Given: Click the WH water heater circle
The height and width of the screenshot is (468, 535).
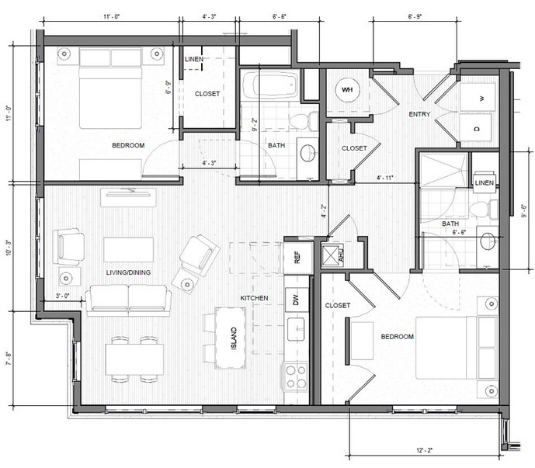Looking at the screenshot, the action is coord(347,90).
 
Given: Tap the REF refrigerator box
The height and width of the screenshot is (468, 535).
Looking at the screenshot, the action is coord(298,257).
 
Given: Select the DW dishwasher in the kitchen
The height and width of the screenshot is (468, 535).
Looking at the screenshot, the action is coord(297,300).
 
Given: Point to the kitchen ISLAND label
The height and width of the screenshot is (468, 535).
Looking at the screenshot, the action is coord(234,338).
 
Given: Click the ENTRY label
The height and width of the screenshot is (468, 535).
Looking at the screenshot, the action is coord(419,114).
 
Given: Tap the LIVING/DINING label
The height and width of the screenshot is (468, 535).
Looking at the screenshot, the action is coord(128,272).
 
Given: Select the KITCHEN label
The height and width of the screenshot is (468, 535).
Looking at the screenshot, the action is coord(254,298).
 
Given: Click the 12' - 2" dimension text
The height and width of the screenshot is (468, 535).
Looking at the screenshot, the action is coord(425,450).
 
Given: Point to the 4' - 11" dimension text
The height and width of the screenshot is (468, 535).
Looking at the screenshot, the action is coord(385,178).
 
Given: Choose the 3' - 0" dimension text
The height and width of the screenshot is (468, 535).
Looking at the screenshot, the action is coord(63,296).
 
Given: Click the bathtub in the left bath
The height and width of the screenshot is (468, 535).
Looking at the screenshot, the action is coord(270,85).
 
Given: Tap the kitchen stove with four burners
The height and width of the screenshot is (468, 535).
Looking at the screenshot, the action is coord(296,377).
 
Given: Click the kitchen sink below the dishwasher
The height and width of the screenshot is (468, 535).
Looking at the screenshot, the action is coord(296,329).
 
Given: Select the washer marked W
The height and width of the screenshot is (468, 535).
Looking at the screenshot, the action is coord(477,97).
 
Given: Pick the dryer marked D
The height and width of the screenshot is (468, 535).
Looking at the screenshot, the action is coord(476,127).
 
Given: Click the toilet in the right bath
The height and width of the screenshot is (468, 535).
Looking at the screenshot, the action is coord(484,209).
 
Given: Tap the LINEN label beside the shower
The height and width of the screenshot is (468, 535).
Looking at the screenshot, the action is coord(485,183).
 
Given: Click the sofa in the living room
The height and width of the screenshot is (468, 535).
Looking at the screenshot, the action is coord(128,300).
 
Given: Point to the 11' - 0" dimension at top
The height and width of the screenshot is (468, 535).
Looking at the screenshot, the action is coord(112,16).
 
